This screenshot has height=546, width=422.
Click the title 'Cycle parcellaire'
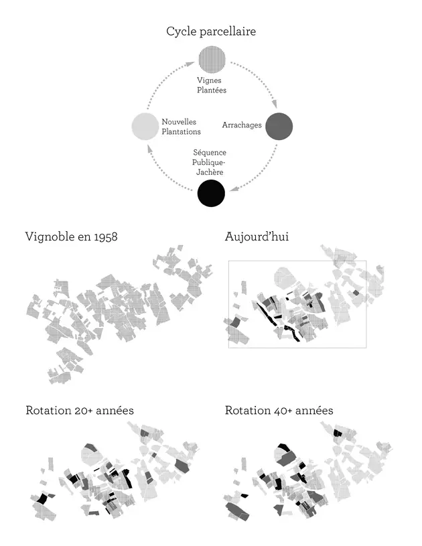pyautogui.click(x=211, y=31)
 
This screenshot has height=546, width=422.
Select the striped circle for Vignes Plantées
pyautogui.click(x=211, y=60)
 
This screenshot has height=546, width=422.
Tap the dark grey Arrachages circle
pyautogui.click(x=279, y=126)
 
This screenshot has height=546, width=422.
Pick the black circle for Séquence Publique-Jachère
pyautogui.click(x=211, y=194)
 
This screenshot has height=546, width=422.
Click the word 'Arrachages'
pyautogui.click(x=242, y=125)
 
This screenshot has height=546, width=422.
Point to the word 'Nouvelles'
pyautogui.click(x=179, y=121)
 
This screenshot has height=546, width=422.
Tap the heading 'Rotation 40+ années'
pyautogui.click(x=279, y=410)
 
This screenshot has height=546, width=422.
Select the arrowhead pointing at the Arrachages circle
pyautogui.click(x=275, y=107)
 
